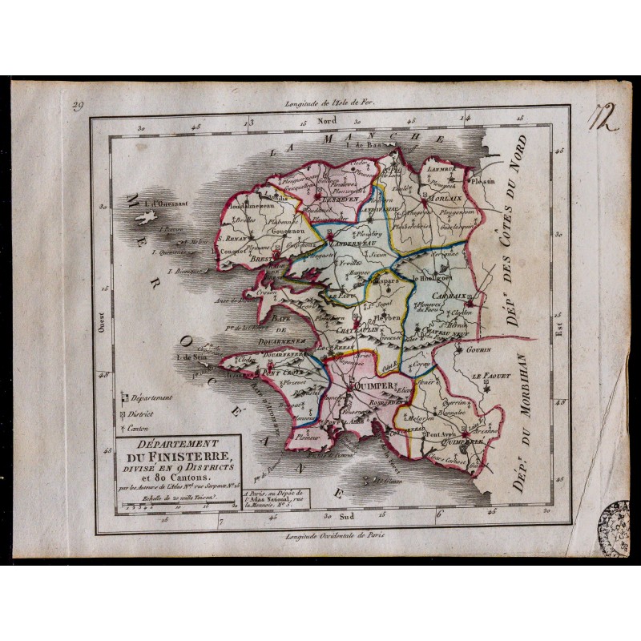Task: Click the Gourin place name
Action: (x=475, y=349)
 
